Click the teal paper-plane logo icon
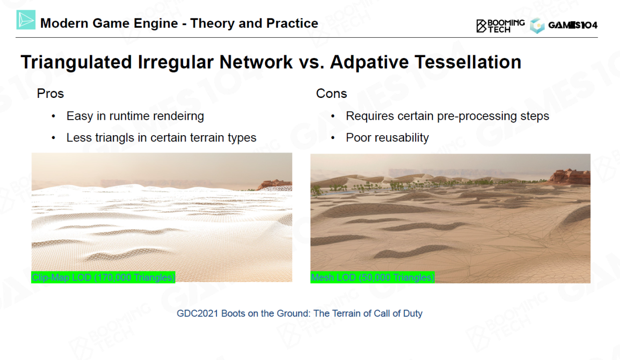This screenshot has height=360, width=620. pos(26,20)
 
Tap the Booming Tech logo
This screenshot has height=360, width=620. pos(500,26)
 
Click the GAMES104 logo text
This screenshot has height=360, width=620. pos(573,25)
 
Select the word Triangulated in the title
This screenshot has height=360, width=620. pos(76,63)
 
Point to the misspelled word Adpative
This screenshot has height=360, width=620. pos(369,63)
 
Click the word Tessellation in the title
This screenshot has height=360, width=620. pos(468,62)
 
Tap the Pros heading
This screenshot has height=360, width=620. pos(50,94)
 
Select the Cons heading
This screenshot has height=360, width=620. pos(331,94)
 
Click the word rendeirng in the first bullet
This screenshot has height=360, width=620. pos(178,116)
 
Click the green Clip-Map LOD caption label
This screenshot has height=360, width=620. pos(103,277)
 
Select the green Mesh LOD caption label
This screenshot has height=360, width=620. pos(372,277)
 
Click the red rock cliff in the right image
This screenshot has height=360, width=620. pos(570,176)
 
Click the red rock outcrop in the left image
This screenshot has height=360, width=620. pos(275,185)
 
